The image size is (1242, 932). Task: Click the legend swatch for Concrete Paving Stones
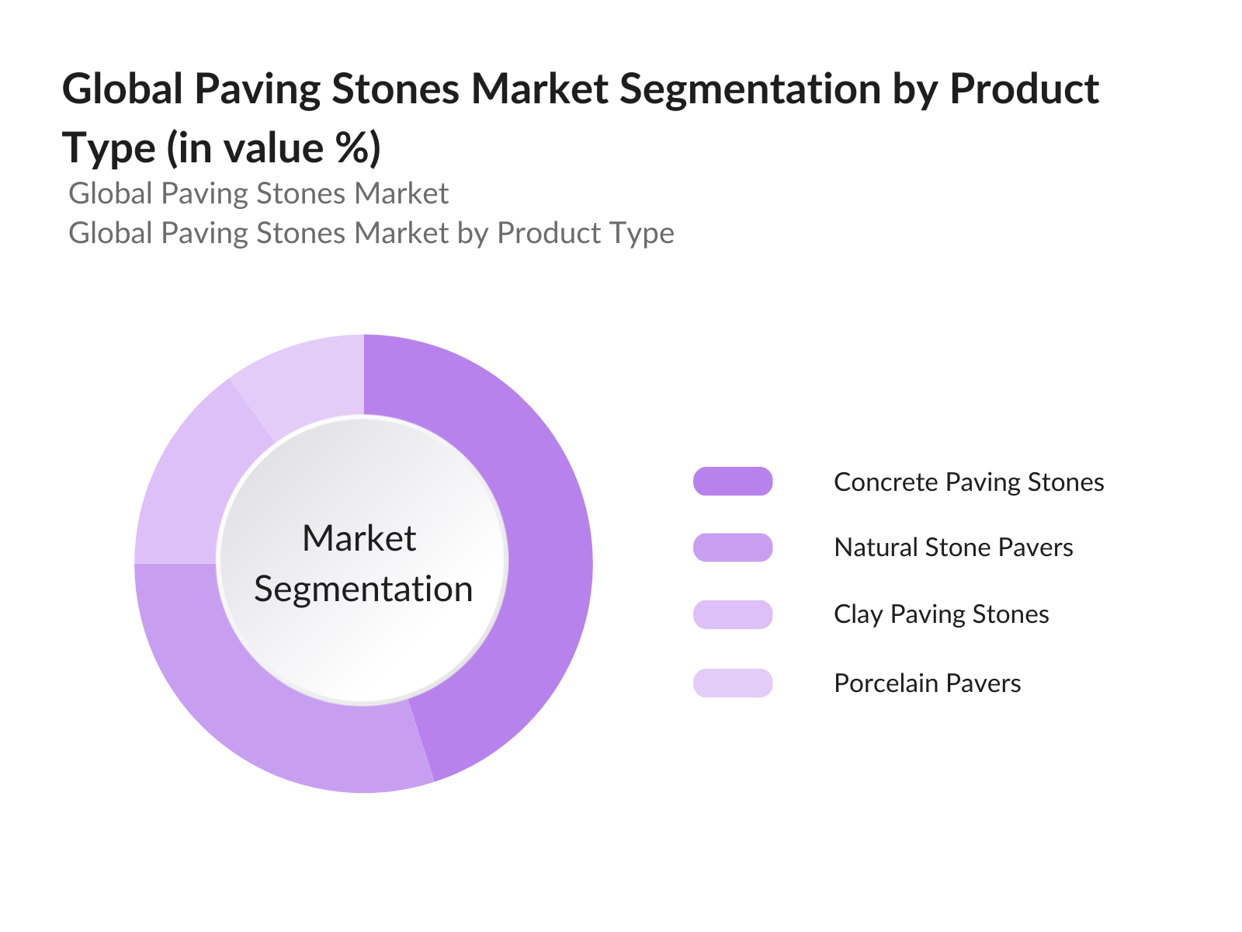732,481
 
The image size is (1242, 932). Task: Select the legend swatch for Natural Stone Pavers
732,548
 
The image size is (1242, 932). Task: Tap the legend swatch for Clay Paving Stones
732,614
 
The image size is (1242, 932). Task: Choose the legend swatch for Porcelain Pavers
732,683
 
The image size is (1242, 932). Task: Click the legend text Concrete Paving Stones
969,482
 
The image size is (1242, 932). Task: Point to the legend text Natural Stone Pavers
953,548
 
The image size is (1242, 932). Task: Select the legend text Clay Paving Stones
942,614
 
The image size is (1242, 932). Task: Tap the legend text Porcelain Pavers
928,683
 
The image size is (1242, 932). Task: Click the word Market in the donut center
359,537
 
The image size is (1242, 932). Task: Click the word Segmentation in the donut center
363,589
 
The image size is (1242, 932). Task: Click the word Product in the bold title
1024,89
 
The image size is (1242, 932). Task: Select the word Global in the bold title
122,89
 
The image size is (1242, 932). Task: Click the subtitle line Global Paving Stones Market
258,193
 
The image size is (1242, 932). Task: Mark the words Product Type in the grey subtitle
585,234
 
